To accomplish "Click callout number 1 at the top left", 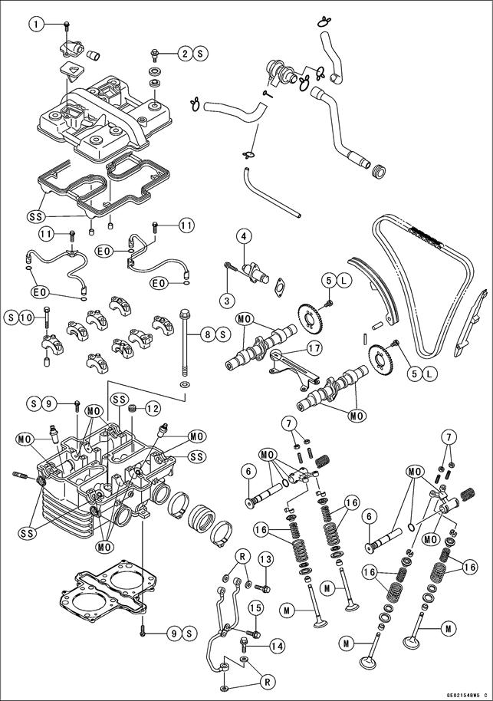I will click(x=35, y=24).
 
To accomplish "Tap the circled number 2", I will click(x=185, y=53).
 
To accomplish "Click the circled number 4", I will click(x=244, y=236).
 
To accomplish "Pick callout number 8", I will click(x=206, y=334).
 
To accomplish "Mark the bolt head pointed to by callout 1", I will click(x=68, y=28).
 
